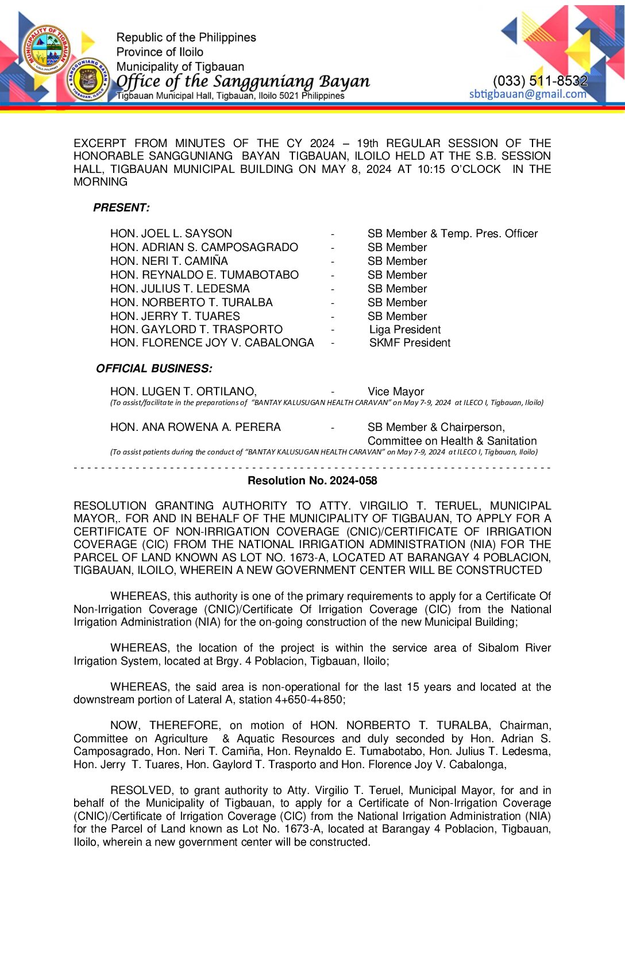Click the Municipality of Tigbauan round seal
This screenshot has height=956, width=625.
[x=47, y=49]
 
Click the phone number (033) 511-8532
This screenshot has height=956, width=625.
[x=540, y=81]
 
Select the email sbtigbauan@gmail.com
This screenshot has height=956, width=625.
[x=527, y=94]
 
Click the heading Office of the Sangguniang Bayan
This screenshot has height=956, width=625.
[x=243, y=82]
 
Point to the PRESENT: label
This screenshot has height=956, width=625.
[x=121, y=207]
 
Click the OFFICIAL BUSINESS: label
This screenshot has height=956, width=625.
[x=154, y=368]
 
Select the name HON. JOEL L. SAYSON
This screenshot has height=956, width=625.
[x=171, y=233]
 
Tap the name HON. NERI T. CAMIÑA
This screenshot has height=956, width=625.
[x=169, y=261]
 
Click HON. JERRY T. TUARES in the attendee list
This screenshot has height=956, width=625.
[x=175, y=316]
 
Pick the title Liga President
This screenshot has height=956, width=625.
[x=405, y=329]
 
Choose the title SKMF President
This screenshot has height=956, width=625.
[x=410, y=343]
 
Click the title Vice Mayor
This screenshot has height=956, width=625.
[x=396, y=391]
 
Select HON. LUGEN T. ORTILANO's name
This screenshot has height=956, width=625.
[x=183, y=391]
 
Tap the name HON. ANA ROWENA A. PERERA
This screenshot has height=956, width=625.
[x=195, y=427]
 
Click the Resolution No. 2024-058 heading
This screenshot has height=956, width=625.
[x=312, y=480]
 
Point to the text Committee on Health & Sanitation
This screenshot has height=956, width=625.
[x=452, y=441]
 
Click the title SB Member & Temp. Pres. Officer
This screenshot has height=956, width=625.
[x=453, y=233]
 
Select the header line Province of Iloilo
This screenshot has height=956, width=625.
[x=160, y=52]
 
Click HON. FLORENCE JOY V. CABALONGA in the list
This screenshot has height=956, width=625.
[x=212, y=343]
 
